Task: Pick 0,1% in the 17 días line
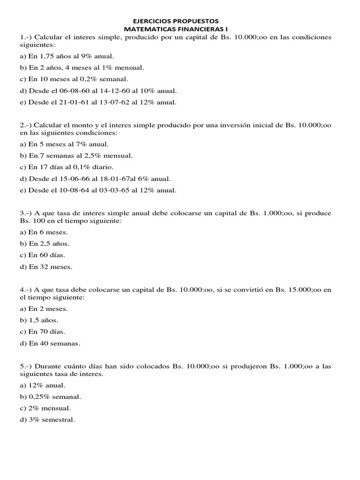(76, 167)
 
